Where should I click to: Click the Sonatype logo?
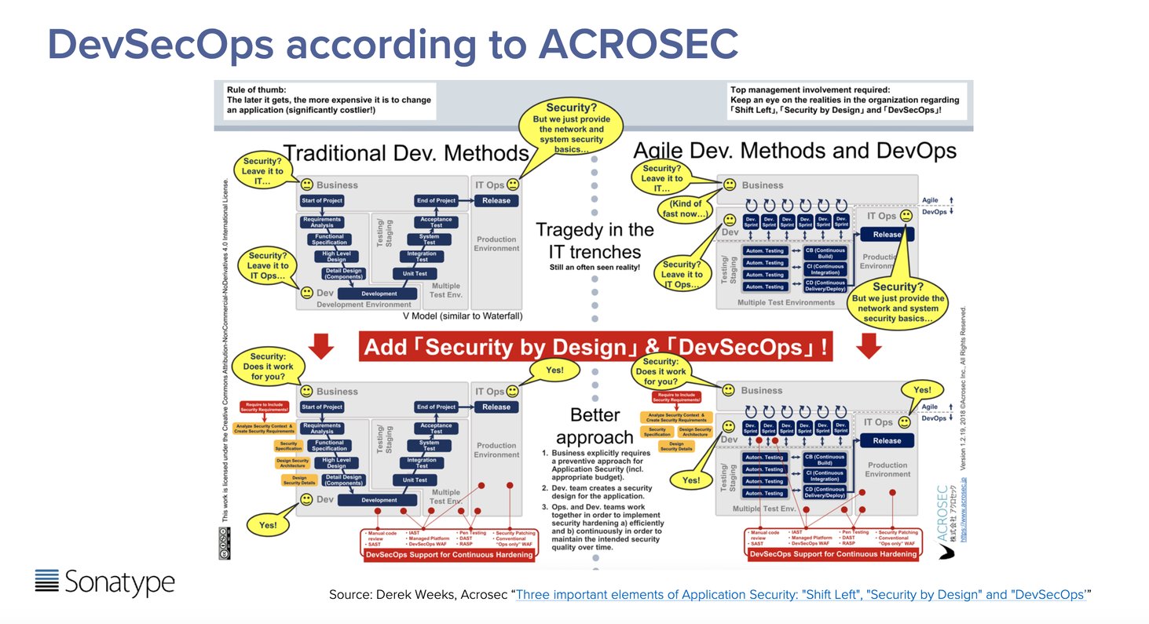tap(104, 582)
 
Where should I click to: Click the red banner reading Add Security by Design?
tap(595, 346)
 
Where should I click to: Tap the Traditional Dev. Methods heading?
tap(405, 152)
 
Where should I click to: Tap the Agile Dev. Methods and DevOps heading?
tap(795, 150)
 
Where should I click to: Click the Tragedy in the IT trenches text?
tap(595, 241)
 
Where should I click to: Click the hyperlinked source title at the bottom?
tap(800, 595)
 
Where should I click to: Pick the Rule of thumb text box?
tap(328, 100)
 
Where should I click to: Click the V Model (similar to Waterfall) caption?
tap(463, 316)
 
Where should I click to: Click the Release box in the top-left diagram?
tap(496, 201)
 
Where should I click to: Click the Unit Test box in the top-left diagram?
tap(415, 274)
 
